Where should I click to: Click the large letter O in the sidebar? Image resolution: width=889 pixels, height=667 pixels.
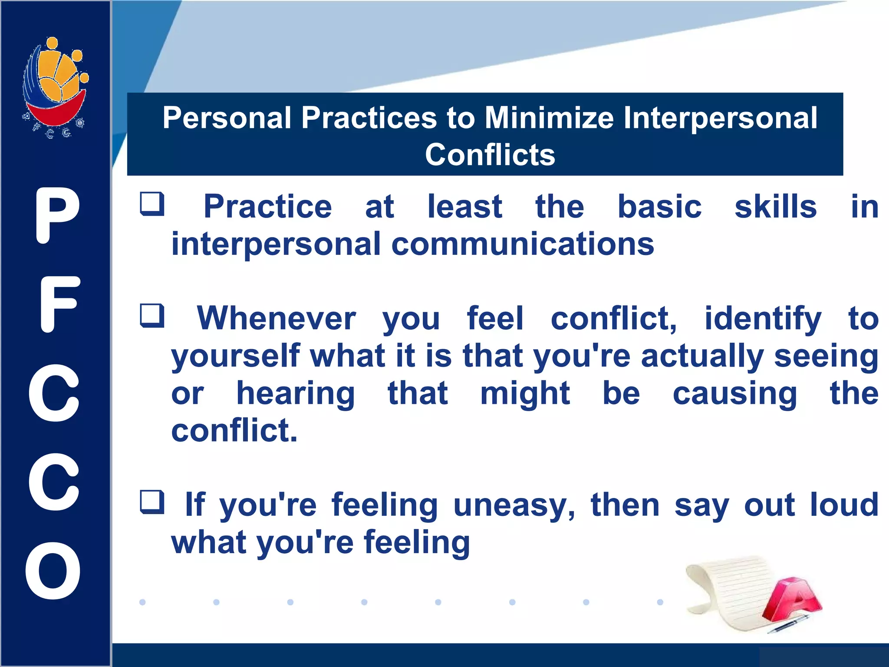coord(53,571)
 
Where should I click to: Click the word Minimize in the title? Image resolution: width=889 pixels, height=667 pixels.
coord(549,118)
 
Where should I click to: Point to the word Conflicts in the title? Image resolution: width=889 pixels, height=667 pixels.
coord(490,155)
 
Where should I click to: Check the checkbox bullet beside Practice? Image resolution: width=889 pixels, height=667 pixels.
coord(152,204)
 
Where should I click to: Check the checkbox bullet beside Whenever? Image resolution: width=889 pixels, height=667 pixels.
coord(152,316)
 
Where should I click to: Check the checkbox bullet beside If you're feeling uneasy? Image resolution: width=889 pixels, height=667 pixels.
coord(152,502)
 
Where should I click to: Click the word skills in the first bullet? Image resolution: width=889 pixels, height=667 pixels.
coord(775,207)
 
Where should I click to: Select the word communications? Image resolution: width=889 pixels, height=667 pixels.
coord(523,244)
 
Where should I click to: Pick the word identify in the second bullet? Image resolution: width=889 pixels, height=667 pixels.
coord(762,320)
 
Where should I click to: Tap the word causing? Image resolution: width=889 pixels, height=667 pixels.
coord(734,394)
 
